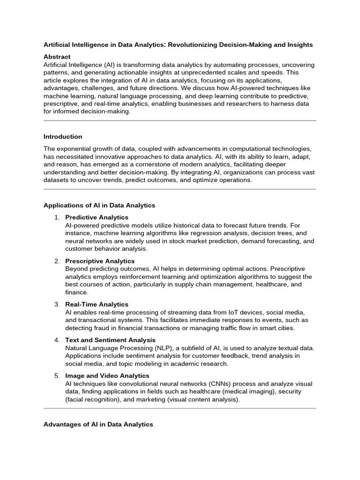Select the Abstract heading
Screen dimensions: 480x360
tap(57, 56)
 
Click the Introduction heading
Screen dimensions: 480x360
tap(63, 137)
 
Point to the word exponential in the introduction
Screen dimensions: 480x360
tap(75, 148)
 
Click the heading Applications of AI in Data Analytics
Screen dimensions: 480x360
tap(99, 205)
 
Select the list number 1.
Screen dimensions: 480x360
tap(56, 217)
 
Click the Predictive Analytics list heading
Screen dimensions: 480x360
tap(97, 217)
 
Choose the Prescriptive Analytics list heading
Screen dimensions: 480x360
tap(100, 261)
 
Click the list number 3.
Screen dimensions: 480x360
tap(56, 305)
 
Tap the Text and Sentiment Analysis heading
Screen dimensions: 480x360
tap(110, 340)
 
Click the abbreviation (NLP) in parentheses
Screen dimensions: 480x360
tap(153, 348)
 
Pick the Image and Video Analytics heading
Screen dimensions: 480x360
tap(107, 376)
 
